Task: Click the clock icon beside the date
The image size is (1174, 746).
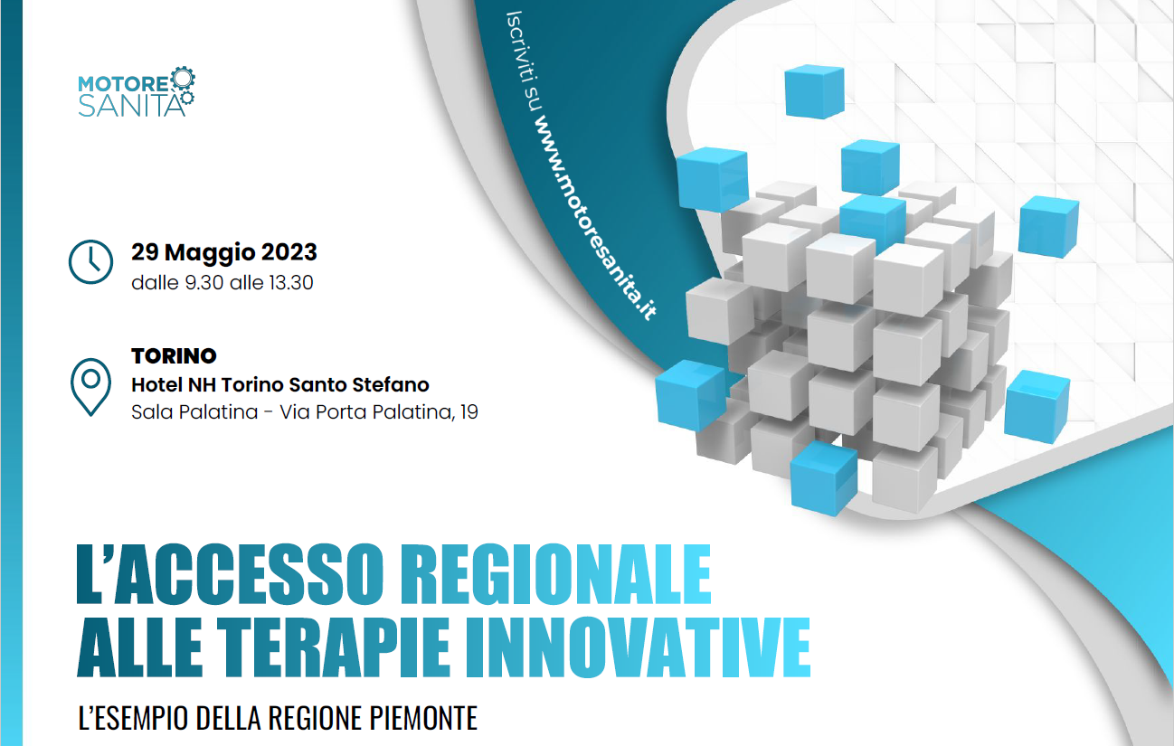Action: point(90,262)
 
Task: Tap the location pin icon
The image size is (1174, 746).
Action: point(90,387)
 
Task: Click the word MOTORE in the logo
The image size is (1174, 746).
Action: point(123,84)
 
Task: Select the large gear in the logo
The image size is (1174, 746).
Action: point(183,79)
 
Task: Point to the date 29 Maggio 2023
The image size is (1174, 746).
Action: point(224,252)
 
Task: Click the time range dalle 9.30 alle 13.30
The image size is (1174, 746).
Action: point(222,283)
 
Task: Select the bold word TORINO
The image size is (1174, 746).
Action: point(174,356)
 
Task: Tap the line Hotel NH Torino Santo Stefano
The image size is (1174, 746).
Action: point(280,384)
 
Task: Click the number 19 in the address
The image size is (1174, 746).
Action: point(469,411)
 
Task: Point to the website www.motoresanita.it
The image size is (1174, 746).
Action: point(594,216)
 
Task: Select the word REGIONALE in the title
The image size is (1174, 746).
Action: point(556,574)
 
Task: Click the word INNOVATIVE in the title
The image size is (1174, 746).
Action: point(639,647)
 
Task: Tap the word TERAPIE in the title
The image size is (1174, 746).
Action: point(334,647)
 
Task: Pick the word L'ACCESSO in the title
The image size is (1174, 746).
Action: point(230,574)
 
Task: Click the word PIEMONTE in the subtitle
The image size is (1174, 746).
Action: point(423,718)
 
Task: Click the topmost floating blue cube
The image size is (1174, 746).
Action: point(814,91)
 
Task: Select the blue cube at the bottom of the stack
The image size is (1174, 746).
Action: point(823,477)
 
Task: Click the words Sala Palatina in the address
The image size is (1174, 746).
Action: point(194,411)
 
